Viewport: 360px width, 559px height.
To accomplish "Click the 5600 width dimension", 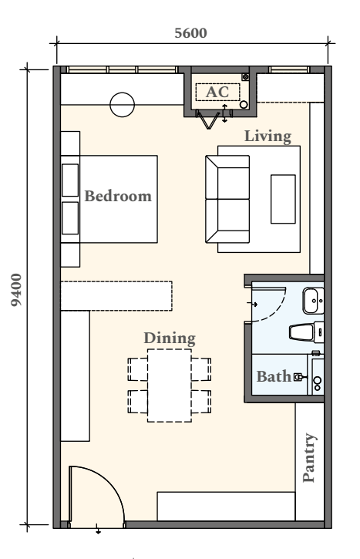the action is pos(190,33).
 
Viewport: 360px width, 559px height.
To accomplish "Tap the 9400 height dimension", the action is pos(16,290).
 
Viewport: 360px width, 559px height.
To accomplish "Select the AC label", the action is pos(217,92).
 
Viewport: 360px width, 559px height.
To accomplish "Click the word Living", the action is pos(267,136).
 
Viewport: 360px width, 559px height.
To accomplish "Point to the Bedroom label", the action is pos(118,196).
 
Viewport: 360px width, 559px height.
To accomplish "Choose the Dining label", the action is pos(170,338).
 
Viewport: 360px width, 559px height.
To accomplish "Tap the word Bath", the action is pos(274,376).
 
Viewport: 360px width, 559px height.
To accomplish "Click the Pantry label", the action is pos(308,458).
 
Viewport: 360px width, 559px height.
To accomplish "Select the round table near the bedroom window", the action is pos(123,105).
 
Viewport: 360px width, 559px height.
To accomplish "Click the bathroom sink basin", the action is pos(313,301).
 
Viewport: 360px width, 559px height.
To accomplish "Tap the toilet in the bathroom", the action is pos(307,332).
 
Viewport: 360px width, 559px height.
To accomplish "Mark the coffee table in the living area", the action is pos(284,199).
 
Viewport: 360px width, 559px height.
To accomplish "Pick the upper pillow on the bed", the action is pos(70,180).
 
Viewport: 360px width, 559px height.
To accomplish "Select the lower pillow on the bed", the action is pos(70,218).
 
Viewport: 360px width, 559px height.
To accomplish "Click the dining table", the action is pos(170,386).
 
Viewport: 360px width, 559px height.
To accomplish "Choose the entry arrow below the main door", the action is pos(98,529).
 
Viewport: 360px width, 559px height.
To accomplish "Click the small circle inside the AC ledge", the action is pos(244,104).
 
